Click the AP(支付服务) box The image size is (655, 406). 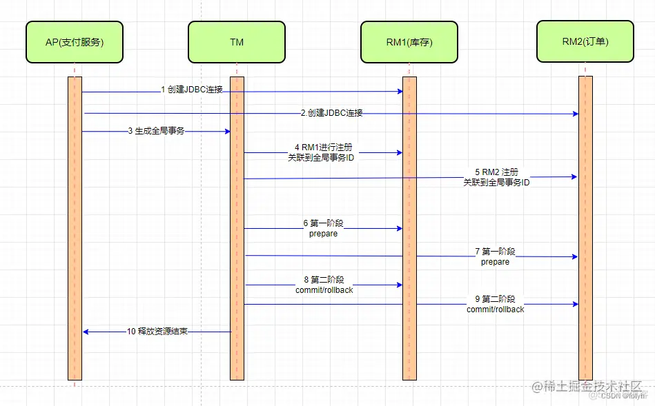pyautogui.click(x=74, y=42)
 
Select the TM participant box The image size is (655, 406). pyautogui.click(x=236, y=42)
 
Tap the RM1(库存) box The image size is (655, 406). pyautogui.click(x=409, y=42)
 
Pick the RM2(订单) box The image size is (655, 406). pyautogui.click(x=585, y=42)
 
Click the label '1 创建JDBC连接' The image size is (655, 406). pyautogui.click(x=192, y=90)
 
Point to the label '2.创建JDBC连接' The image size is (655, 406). pyautogui.click(x=331, y=113)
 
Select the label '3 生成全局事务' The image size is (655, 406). pyautogui.click(x=156, y=131)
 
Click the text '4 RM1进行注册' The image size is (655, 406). pyautogui.click(x=323, y=147)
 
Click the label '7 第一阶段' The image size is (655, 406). pyautogui.click(x=495, y=252)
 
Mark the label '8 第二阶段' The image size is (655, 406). pyautogui.click(x=324, y=280)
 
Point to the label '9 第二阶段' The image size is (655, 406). pyautogui.click(x=495, y=299)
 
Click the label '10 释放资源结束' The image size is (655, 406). pyautogui.click(x=157, y=332)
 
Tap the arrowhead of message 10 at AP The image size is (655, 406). pyautogui.click(x=86, y=332)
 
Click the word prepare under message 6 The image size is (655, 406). pyautogui.click(x=323, y=234)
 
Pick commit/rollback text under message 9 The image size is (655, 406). pyautogui.click(x=495, y=309)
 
